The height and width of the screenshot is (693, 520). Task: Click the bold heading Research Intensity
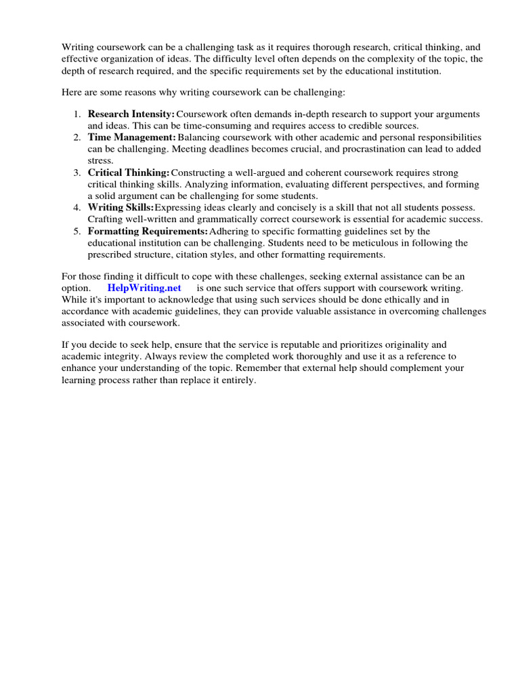(131, 114)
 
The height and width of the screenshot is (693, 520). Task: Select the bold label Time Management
(131, 137)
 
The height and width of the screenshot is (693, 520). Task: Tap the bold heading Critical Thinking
(128, 173)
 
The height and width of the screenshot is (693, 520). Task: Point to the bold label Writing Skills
(121, 207)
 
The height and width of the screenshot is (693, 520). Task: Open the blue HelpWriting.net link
(144, 287)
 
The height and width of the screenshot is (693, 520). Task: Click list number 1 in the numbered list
(77, 114)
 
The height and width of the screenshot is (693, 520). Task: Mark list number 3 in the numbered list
(77, 173)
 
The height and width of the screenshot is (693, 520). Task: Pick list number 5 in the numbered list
(77, 231)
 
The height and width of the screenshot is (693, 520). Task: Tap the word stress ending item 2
(100, 161)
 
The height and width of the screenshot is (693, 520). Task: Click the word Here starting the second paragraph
(72, 91)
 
